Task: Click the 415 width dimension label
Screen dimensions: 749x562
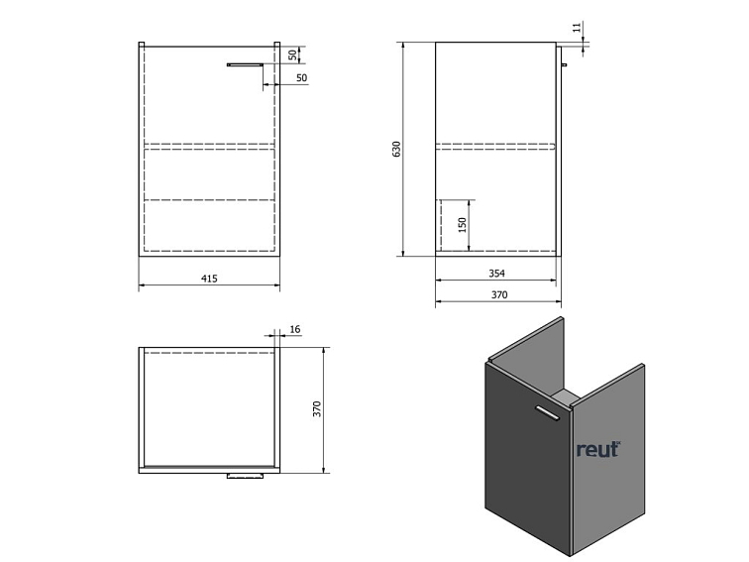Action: click(x=209, y=279)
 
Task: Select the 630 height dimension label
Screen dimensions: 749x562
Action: click(x=396, y=149)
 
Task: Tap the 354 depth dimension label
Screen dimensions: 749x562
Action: click(x=496, y=274)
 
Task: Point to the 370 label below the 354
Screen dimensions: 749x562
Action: click(x=499, y=294)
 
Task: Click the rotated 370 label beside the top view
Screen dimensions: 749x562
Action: click(x=317, y=409)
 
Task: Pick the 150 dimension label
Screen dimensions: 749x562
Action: click(x=462, y=225)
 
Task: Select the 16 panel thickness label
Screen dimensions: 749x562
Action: click(x=294, y=329)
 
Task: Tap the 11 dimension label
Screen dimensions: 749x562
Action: click(x=578, y=27)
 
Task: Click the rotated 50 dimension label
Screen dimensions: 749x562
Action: click(x=292, y=55)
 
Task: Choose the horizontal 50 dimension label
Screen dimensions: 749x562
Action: click(x=301, y=78)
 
